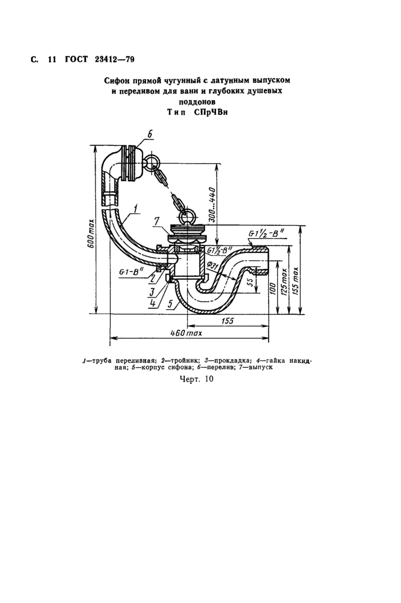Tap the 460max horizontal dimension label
click(x=186, y=332)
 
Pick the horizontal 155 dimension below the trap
click(x=227, y=320)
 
